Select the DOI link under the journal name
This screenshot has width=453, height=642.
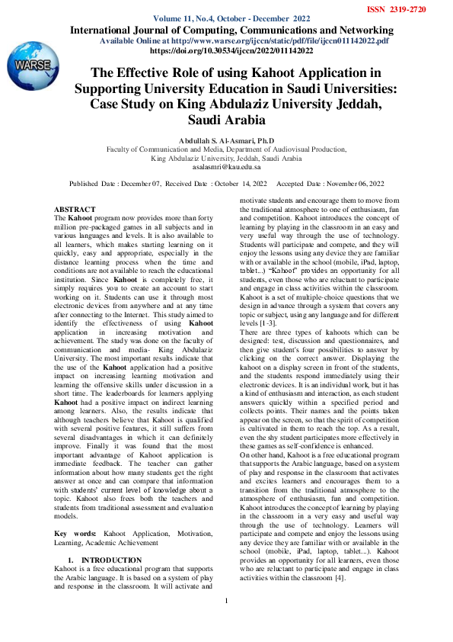point(231,51)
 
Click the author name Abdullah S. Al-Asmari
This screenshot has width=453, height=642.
point(226,140)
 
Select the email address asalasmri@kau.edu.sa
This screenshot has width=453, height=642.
point(226,165)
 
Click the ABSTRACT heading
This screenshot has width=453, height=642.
point(75,209)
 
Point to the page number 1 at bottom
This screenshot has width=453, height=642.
point(226,622)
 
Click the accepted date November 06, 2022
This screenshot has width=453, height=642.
point(349,185)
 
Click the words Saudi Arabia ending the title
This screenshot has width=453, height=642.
point(226,120)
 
